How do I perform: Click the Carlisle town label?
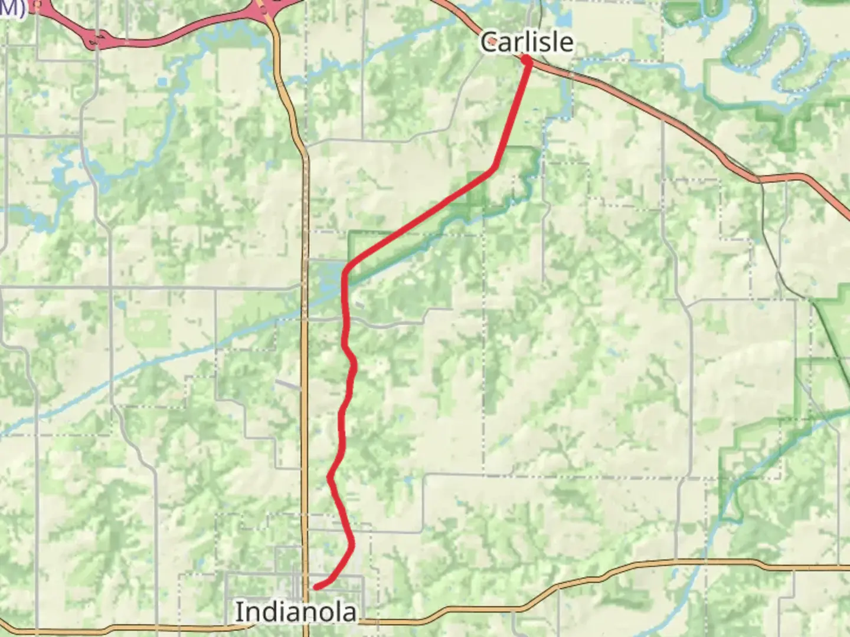(527, 42)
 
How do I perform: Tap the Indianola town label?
(296, 612)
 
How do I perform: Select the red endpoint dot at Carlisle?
(526, 60)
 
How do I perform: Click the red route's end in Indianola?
(317, 586)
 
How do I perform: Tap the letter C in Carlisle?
(489, 42)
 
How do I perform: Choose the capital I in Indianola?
(238, 612)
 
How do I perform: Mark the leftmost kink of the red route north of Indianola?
(329, 478)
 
